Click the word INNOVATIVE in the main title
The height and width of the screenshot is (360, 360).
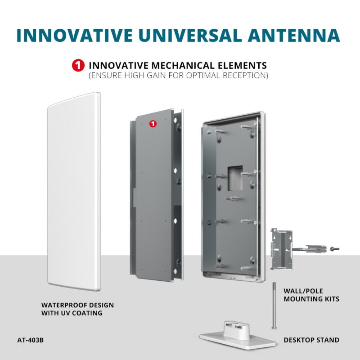(x=75, y=36)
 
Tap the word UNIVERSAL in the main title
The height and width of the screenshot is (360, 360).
(x=190, y=36)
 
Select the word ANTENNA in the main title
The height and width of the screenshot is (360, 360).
(x=294, y=36)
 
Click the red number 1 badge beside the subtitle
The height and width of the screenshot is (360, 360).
(x=78, y=65)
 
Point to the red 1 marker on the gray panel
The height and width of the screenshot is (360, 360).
(x=153, y=124)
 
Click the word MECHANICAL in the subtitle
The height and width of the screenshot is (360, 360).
(x=183, y=66)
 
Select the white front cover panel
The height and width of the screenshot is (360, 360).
(x=74, y=192)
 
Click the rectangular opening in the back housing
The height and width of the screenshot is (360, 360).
(x=235, y=178)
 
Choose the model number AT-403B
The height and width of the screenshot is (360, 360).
(x=30, y=340)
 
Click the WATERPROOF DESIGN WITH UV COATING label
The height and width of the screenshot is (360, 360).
(x=77, y=309)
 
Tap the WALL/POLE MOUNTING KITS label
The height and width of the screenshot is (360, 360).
(x=311, y=295)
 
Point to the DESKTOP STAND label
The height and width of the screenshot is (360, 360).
(x=311, y=340)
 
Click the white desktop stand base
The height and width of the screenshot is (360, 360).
(x=238, y=336)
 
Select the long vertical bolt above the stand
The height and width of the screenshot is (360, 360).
(x=274, y=306)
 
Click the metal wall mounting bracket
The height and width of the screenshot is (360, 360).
(x=282, y=249)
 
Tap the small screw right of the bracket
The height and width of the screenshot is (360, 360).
(x=334, y=249)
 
